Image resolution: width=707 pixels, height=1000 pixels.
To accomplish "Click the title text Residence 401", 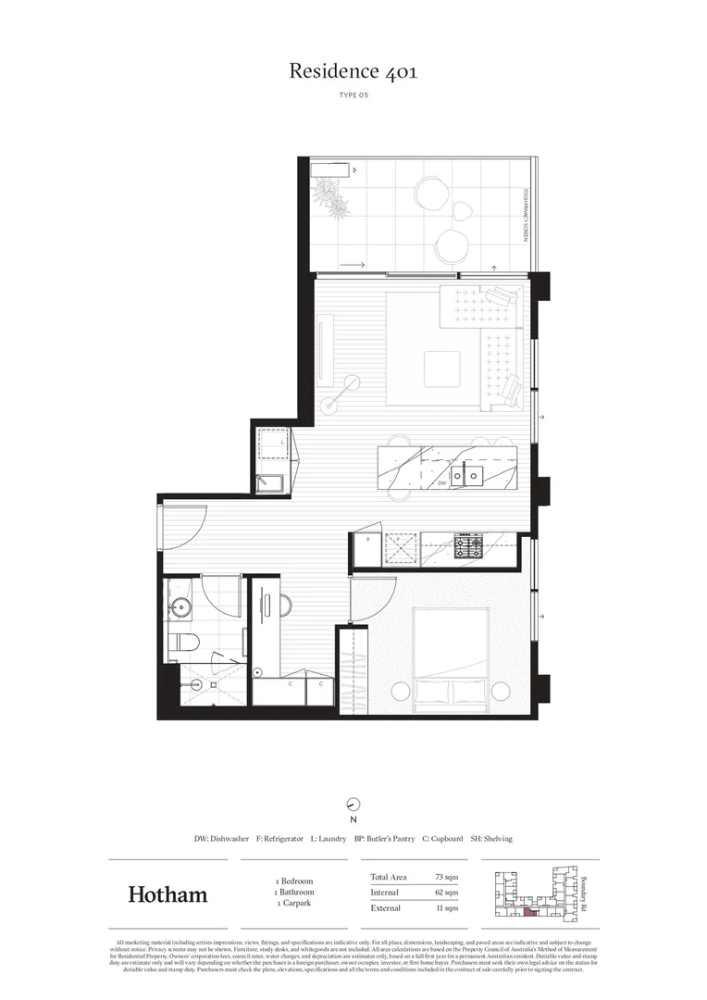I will [353, 71].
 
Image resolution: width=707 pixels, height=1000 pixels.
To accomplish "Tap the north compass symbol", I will [353, 804].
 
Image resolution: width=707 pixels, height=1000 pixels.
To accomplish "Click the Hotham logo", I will [167, 894].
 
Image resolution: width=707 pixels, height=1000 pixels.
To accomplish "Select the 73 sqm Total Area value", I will [446, 877].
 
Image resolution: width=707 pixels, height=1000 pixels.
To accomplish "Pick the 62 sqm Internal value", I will [446, 893].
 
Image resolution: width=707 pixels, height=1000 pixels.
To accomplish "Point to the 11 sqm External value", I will [447, 908].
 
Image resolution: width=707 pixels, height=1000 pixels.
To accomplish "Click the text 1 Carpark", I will [294, 903].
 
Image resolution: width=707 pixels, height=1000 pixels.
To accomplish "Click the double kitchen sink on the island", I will [465, 476].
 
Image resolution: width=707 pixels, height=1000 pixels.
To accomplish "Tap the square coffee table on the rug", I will [440, 369].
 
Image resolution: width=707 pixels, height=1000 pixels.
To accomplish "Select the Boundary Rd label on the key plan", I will [584, 893].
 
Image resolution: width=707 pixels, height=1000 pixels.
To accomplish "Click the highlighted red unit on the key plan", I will [529, 913].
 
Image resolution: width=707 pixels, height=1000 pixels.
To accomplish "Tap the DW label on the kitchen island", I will [442, 482].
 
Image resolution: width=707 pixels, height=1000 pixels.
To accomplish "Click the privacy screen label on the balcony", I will [526, 215].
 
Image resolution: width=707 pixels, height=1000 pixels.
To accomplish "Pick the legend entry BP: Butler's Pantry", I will [384, 838].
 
